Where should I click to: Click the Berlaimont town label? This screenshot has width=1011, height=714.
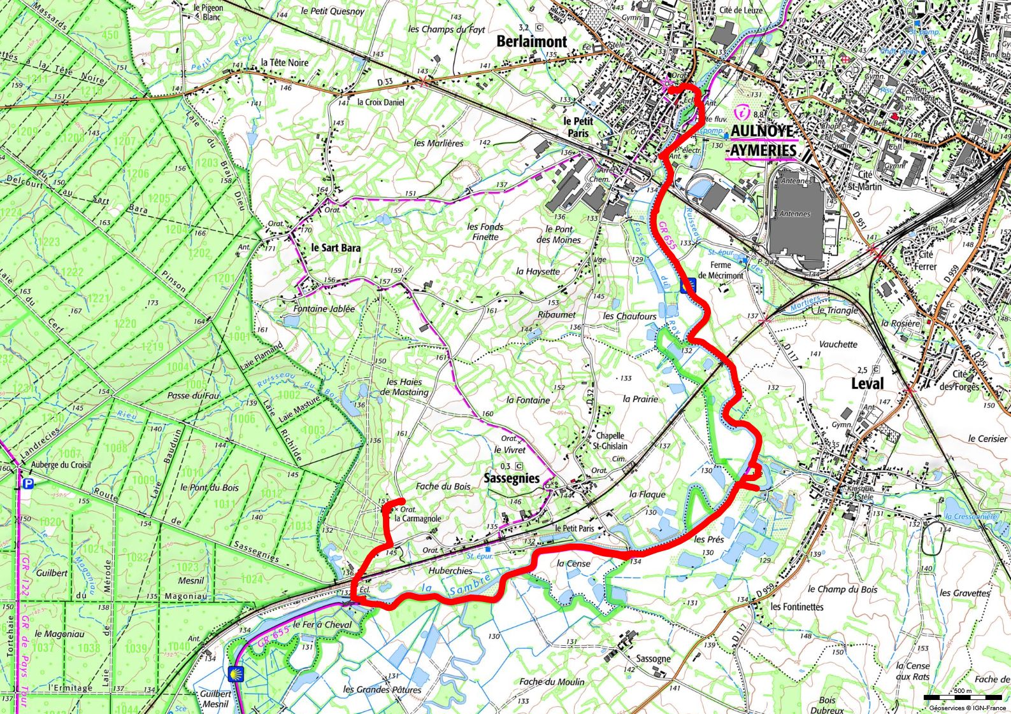coord(531,41)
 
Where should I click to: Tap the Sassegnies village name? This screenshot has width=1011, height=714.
coord(512,478)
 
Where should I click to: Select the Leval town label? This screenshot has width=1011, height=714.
coord(868,383)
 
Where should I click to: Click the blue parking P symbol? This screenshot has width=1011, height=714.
coord(28,484)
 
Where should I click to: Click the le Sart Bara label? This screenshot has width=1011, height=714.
coord(336,248)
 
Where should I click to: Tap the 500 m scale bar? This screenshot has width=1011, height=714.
coord(961,697)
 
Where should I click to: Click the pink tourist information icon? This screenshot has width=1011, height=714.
coord(742,113)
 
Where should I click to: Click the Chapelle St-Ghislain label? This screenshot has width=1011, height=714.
coord(610,441)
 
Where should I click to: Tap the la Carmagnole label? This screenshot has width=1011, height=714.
coord(417,519)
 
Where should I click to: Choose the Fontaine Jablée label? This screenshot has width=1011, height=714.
coord(324,309)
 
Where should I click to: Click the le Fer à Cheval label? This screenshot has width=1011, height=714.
coord(322,624)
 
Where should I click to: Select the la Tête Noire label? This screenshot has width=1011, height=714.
coord(284,62)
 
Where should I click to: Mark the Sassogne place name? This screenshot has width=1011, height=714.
coord(653,659)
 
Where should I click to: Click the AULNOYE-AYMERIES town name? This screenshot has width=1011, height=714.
coord(763,141)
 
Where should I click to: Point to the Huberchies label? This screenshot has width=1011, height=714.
coord(450,571)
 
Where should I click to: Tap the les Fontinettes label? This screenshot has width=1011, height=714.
coord(797,606)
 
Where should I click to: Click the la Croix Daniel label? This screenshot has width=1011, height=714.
coord(380,102)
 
